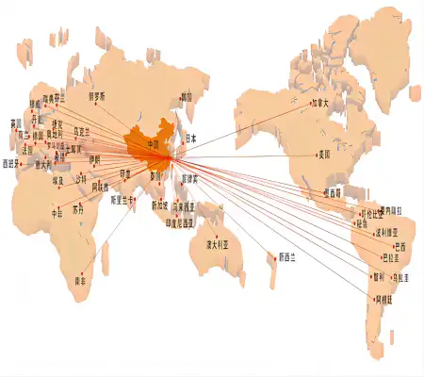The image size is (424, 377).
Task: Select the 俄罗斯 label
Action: pyautogui.click(x=97, y=95)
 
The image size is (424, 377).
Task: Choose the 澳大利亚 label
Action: pyautogui.click(x=221, y=245)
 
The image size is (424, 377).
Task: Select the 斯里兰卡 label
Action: pyautogui.click(x=123, y=200)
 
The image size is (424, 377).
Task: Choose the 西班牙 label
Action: pyautogui.click(x=14, y=163)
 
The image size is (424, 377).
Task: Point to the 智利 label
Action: pyautogui.click(x=376, y=277)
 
